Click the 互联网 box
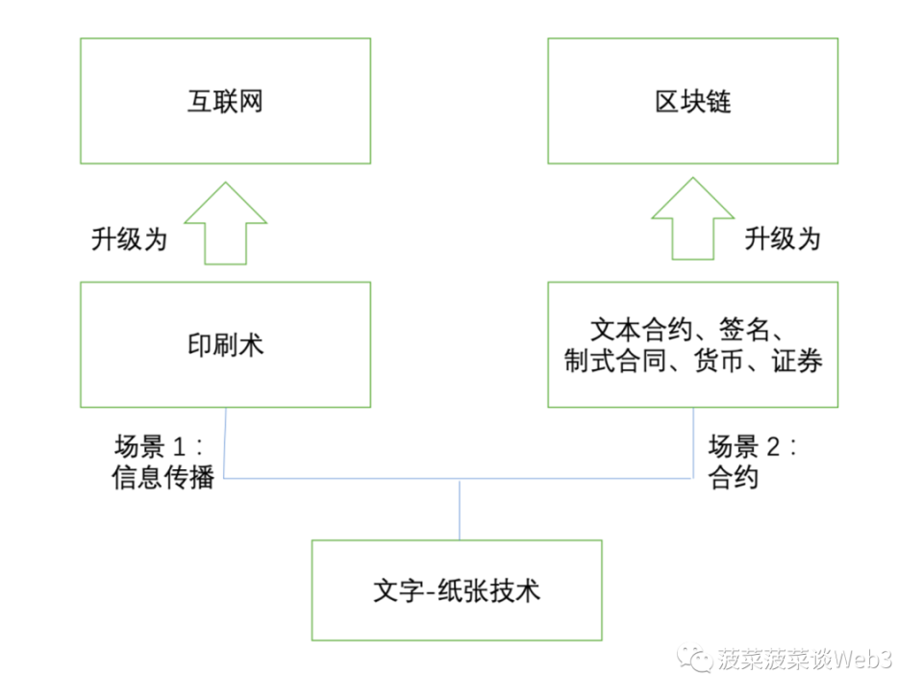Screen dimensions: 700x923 pos(225,101)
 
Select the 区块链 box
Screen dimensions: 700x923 pos(692,101)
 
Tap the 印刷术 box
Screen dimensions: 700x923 pos(225,344)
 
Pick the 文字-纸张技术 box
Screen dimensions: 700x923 pos(457,589)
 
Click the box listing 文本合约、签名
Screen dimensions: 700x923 pos(692,344)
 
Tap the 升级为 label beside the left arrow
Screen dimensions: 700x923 pos(129,237)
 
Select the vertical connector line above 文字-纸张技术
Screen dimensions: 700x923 pos(460,509)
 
